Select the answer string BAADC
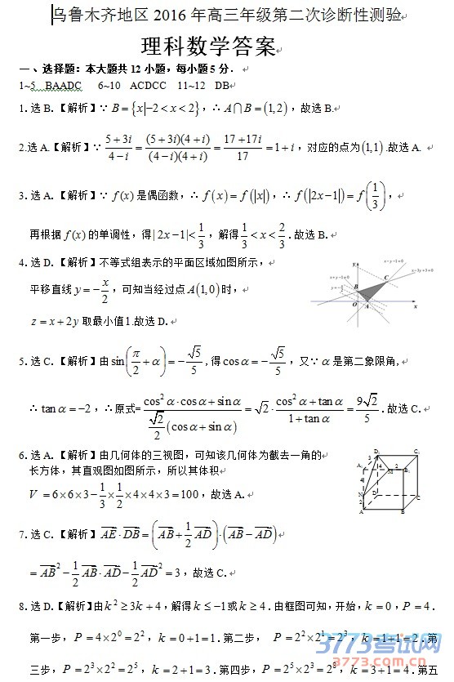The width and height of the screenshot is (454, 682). click(x=64, y=85)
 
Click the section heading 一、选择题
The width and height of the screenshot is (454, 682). click(x=46, y=69)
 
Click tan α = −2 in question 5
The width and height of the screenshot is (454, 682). click(x=67, y=408)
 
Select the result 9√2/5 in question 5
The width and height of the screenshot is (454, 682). click(x=364, y=408)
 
